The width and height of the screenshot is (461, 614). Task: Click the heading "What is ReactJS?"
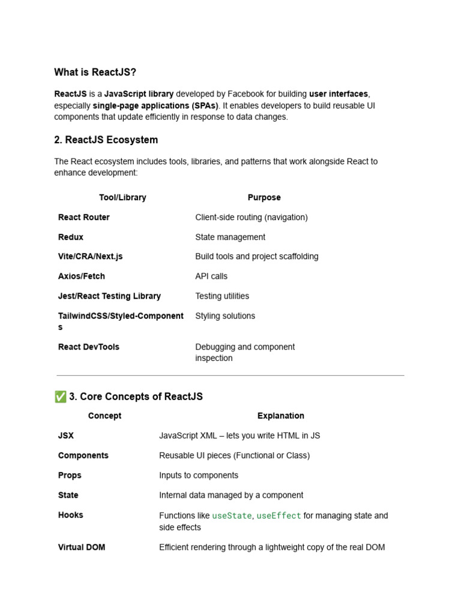pos(95,73)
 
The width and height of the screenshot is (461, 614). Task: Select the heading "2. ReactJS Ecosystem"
pos(106,140)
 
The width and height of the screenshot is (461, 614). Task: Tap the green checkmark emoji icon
pos(60,396)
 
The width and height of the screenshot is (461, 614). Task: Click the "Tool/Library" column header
pos(122,197)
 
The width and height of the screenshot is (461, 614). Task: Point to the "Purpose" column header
pos(264,197)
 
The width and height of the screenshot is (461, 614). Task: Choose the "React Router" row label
pos(84,217)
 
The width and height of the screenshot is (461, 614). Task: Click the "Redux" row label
pos(71,237)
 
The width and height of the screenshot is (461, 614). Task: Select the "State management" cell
pos(230,237)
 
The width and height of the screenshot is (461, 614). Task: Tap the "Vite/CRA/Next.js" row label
pos(90,256)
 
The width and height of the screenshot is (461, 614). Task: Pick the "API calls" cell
pos(211,276)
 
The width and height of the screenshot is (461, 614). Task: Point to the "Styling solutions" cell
pos(225,315)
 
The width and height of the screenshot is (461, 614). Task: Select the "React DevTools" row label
pos(89,347)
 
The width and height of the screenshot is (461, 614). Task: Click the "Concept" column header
pos(104,416)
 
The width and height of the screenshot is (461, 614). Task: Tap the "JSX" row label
pos(66,435)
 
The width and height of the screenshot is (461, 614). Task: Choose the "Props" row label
pos(70,475)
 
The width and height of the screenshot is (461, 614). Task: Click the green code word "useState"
pos(232,516)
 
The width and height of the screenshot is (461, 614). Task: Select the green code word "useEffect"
pos(279,516)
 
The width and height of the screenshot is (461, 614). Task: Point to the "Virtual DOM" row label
pos(82,547)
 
